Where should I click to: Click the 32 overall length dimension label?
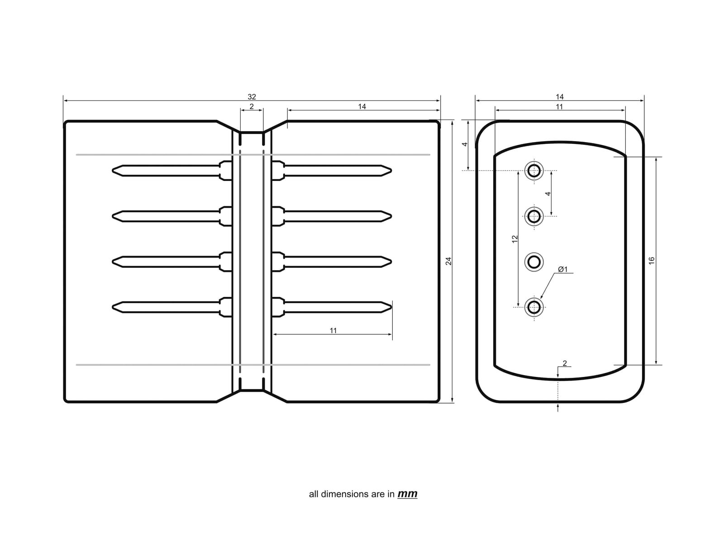tap(252, 97)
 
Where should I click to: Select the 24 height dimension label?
tap(449, 261)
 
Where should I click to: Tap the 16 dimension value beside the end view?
tap(652, 261)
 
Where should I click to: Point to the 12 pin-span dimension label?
tap(514, 239)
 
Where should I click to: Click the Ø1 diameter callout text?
tap(562, 269)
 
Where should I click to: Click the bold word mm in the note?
tap(407, 494)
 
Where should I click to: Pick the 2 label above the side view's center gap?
tap(252, 107)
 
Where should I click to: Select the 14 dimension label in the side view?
tap(362, 107)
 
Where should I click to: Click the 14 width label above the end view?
tap(560, 97)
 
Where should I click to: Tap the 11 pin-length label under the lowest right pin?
tap(333, 331)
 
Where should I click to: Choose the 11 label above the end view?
tap(559, 107)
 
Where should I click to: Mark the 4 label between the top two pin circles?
tap(548, 194)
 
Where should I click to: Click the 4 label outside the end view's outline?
tap(465, 144)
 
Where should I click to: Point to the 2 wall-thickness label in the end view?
tap(565, 363)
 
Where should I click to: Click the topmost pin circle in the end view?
tap(534, 171)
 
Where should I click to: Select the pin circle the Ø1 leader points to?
tap(534, 307)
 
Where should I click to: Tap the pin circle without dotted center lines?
tap(534, 262)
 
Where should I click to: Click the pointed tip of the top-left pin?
tap(114, 171)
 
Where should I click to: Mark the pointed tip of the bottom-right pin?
tap(391, 307)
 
